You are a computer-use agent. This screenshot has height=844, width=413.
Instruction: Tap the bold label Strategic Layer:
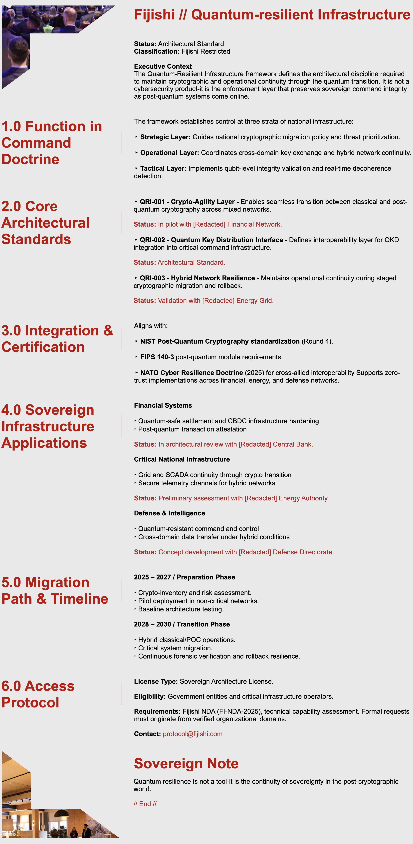(x=165, y=137)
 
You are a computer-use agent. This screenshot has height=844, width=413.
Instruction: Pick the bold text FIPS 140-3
(x=157, y=357)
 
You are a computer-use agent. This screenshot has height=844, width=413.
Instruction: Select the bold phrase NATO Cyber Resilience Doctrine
(x=191, y=373)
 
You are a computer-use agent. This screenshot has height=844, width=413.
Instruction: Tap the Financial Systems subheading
(x=163, y=405)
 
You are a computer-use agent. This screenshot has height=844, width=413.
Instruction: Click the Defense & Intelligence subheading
(x=170, y=513)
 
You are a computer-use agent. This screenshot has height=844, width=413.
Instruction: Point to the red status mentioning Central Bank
(x=235, y=444)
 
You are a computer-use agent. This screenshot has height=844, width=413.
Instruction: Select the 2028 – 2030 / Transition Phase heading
(x=182, y=624)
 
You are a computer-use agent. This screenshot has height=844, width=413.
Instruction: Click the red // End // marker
(x=145, y=804)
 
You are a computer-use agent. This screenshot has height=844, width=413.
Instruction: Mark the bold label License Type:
(x=156, y=682)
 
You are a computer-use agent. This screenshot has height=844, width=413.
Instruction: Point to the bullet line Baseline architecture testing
(x=181, y=609)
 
